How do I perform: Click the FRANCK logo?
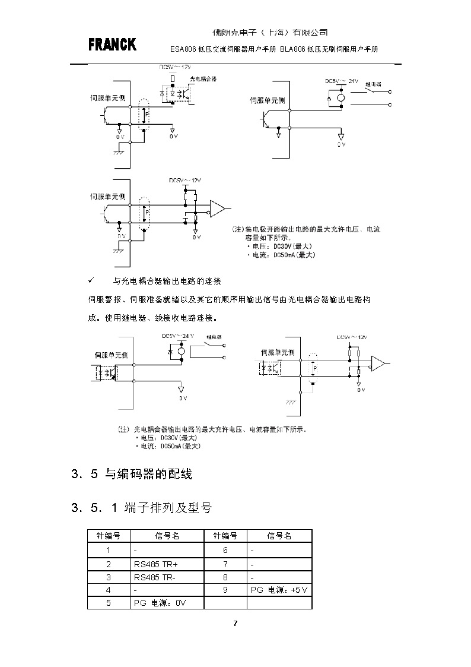(112, 45)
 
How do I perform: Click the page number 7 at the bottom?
(235, 623)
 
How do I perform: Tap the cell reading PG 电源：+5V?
(279, 590)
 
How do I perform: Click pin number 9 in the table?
(225, 590)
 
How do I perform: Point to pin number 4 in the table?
(109, 590)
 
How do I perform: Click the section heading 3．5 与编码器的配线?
(132, 474)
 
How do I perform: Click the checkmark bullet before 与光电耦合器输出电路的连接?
(91, 280)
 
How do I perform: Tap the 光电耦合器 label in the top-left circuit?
(203, 79)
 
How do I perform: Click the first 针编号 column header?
(109, 536)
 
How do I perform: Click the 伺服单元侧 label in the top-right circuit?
(267, 100)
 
